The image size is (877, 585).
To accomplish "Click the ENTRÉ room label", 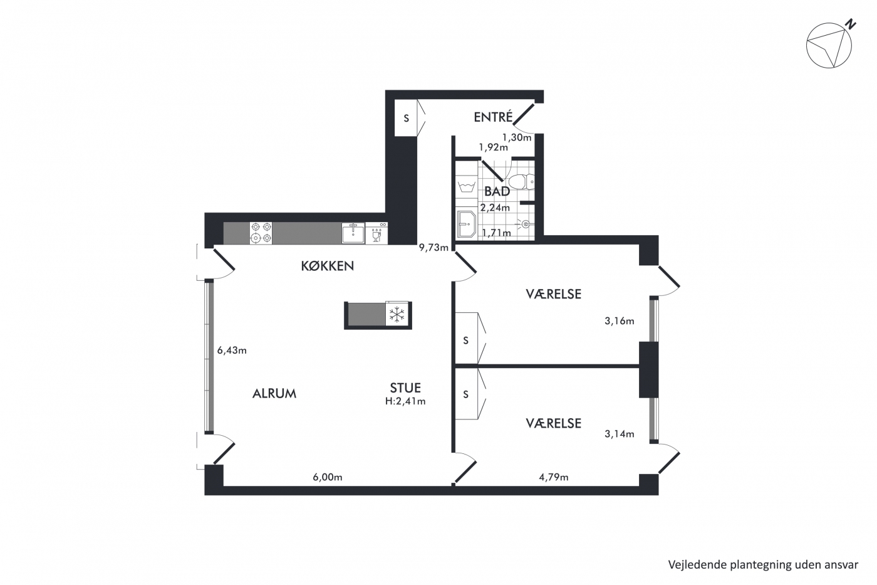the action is pos(493,117).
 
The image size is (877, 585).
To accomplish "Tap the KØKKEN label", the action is pos(327,266).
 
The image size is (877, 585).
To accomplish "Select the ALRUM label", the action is pos(274,393).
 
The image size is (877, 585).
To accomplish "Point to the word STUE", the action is pos(405,388).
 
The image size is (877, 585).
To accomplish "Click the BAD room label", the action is pos(497,191).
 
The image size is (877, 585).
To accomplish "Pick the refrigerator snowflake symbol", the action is pos(397,314).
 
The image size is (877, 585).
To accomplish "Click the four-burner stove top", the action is pos(261,233).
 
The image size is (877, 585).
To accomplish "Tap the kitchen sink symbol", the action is pos(353,233).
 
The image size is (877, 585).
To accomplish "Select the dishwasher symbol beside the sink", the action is pos(376,233).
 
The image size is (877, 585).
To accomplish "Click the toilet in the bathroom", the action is pos(521,182).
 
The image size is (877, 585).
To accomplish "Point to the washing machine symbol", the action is pos(466,186).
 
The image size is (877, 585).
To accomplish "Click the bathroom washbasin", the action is pos(466,224).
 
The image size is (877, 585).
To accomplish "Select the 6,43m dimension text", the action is pos(232,350).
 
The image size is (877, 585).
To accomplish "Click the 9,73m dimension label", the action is pos(433,248).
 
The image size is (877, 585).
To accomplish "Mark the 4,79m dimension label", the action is pos(554,477).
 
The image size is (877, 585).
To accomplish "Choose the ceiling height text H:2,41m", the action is pos(405,401).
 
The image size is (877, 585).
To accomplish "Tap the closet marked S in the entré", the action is pos(406,117).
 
